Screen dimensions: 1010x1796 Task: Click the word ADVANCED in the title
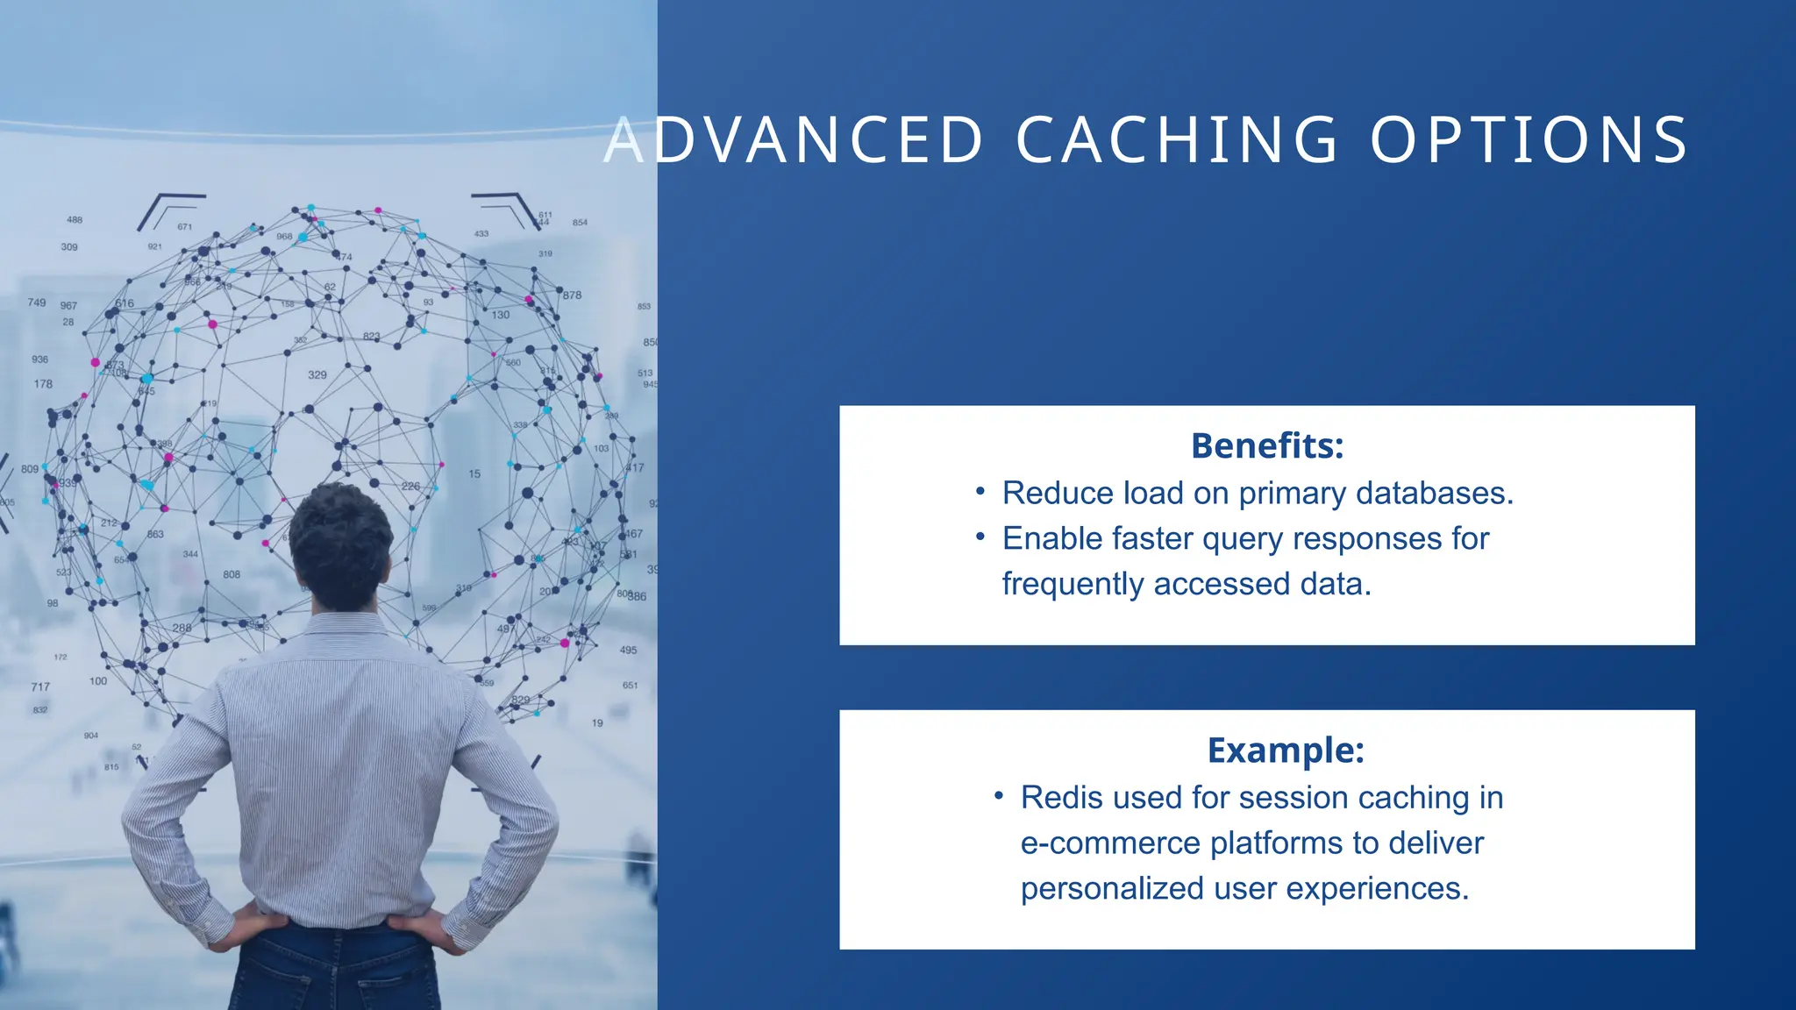(795, 140)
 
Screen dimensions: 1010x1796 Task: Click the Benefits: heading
(1266, 445)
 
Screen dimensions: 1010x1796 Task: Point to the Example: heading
(1286, 750)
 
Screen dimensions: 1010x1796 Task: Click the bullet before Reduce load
(980, 491)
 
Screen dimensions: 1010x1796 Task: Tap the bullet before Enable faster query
(980, 537)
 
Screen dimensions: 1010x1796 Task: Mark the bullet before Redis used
(999, 795)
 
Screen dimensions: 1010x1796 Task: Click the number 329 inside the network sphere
(317, 374)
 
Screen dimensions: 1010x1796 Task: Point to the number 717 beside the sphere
(40, 686)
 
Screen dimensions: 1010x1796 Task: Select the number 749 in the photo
(36, 302)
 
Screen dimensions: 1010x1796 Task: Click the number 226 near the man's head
(410, 486)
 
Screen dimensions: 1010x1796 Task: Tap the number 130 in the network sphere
(500, 315)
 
